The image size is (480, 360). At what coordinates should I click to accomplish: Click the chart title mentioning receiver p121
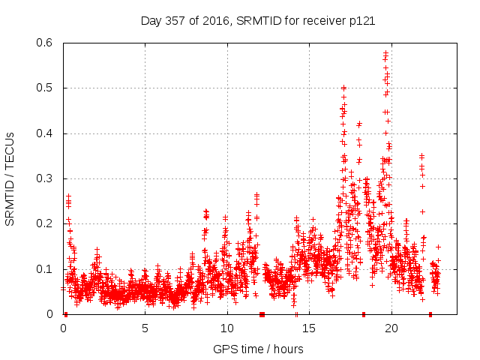[x=258, y=21]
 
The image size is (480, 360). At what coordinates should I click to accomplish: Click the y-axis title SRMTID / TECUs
[x=10, y=178]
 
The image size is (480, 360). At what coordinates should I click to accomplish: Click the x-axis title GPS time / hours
[x=258, y=349]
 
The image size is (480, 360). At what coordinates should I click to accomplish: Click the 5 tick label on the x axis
[x=145, y=328]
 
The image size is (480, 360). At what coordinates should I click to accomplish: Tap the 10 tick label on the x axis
[x=226, y=328]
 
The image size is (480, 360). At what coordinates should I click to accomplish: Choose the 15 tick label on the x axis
[x=309, y=328]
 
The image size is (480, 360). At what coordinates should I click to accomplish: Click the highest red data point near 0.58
[x=385, y=52]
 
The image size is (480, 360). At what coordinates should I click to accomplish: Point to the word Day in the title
[x=152, y=21]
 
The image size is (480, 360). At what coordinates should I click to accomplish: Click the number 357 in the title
[x=178, y=21]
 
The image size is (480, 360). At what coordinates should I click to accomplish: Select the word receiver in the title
[x=325, y=21]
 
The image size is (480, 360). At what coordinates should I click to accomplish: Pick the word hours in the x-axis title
[x=287, y=349]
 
